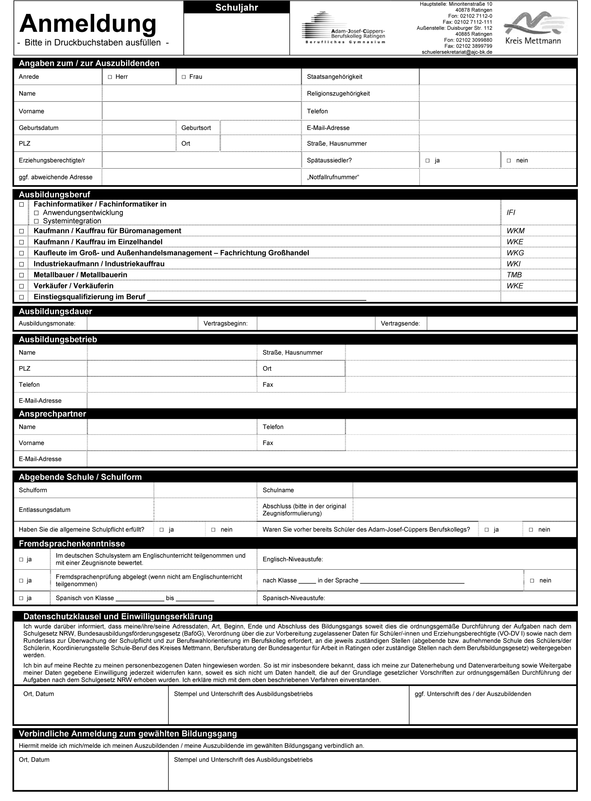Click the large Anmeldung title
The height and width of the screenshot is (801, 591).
(x=88, y=24)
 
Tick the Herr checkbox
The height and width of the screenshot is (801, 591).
(x=110, y=77)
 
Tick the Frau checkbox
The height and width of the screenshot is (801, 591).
(x=184, y=77)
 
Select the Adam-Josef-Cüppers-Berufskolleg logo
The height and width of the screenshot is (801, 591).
(x=343, y=29)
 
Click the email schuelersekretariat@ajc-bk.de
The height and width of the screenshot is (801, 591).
(x=457, y=52)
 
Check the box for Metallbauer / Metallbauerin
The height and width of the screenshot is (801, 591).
(x=21, y=275)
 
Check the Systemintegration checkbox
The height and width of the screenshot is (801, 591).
(x=36, y=222)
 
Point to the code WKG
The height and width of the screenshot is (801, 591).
(x=515, y=253)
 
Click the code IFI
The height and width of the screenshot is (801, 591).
(x=511, y=213)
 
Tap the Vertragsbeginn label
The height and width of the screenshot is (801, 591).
(x=226, y=323)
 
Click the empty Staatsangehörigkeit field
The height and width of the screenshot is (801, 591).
(x=497, y=77)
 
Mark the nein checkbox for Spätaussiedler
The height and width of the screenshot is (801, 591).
(x=509, y=161)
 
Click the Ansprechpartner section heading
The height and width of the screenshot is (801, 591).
(x=53, y=413)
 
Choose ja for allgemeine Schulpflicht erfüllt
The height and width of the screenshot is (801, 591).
(x=162, y=530)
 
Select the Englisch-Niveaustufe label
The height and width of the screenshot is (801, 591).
(x=293, y=559)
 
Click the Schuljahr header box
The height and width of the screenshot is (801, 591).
(x=237, y=8)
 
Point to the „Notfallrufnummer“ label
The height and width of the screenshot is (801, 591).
(x=333, y=177)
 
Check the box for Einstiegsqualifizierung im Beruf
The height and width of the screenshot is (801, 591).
(x=21, y=297)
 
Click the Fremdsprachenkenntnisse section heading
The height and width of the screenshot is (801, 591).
(x=72, y=543)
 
